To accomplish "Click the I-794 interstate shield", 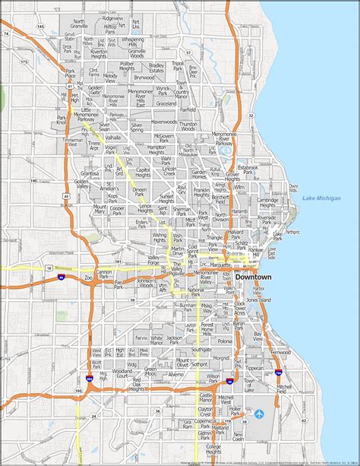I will [x=279, y=372].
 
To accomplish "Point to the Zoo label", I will [x=88, y=279].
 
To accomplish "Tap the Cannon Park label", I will [x=104, y=272].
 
